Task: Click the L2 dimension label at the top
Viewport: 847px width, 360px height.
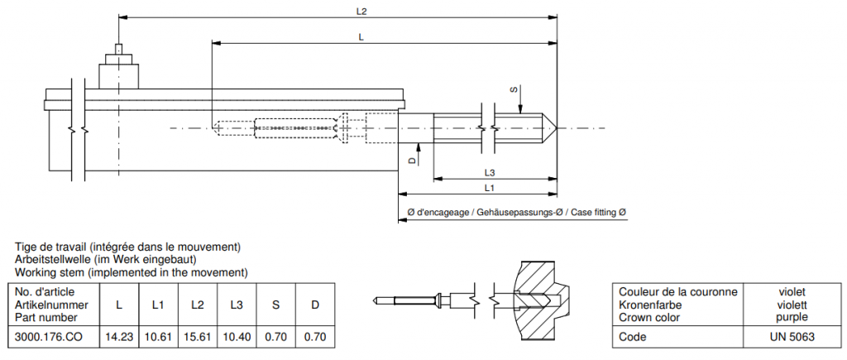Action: click(x=361, y=12)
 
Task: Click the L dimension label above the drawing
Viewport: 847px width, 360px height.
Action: click(x=361, y=37)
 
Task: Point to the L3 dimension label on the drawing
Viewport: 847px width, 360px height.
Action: click(x=490, y=172)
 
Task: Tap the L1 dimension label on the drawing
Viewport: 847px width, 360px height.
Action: click(x=490, y=188)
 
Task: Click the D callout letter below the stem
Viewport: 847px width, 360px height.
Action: click(x=412, y=161)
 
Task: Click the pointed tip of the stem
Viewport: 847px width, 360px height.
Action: click(x=557, y=128)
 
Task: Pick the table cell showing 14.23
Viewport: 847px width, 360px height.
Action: click(x=118, y=338)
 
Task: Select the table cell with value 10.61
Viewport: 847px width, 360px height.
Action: click(x=158, y=338)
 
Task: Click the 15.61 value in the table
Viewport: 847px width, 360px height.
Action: click(x=197, y=338)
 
